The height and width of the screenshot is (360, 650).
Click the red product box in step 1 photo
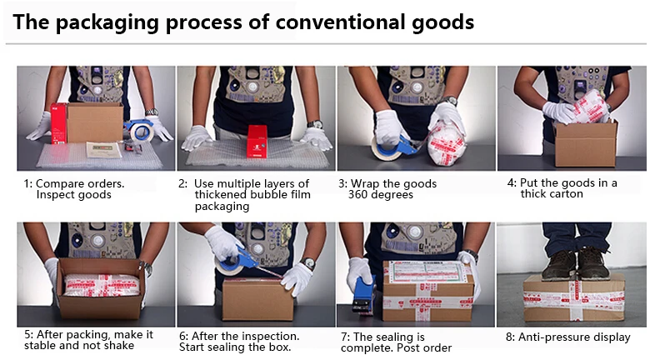59,123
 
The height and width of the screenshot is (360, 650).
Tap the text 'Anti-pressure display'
574,337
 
